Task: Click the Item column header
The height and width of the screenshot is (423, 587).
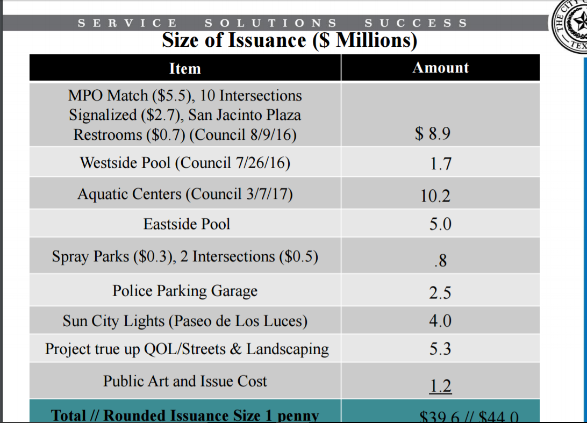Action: pyautogui.click(x=185, y=69)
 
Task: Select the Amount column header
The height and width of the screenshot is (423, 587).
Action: pyautogui.click(x=440, y=68)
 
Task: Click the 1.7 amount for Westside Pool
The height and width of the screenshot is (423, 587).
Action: pyautogui.click(x=440, y=164)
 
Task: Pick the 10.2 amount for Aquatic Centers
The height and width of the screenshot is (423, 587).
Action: pyautogui.click(x=435, y=196)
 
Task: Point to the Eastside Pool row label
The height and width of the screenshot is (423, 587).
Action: pyautogui.click(x=187, y=224)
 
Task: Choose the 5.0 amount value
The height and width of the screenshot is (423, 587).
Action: pyautogui.click(x=440, y=224)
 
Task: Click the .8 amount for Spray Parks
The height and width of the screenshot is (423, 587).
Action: pyautogui.click(x=440, y=262)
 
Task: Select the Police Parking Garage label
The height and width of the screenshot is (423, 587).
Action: pyautogui.click(x=185, y=291)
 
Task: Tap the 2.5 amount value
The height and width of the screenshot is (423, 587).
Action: pyautogui.click(x=440, y=293)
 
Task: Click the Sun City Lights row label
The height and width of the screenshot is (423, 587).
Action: pyautogui.click(x=185, y=321)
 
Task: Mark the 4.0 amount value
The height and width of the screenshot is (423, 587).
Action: pyautogui.click(x=440, y=321)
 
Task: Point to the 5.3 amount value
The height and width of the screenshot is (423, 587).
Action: pyautogui.click(x=440, y=349)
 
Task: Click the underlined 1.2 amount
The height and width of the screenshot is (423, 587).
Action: pyautogui.click(x=441, y=386)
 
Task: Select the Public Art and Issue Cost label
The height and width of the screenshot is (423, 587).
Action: pyautogui.click(x=185, y=382)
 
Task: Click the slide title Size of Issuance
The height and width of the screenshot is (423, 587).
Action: pyautogui.click(x=289, y=41)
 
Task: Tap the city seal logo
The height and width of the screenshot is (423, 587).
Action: pyautogui.click(x=571, y=25)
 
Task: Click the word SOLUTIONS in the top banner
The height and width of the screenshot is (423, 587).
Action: pyautogui.click(x=271, y=23)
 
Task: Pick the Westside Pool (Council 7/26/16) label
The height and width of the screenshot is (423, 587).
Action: pyautogui.click(x=185, y=163)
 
